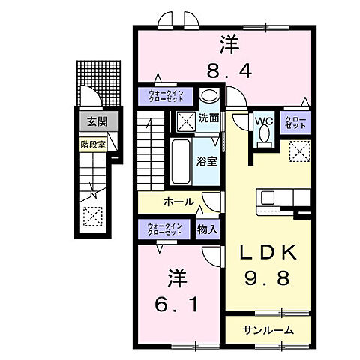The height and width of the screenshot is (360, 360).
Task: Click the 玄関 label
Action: [x=91, y=121]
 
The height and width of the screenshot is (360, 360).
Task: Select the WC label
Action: [x=262, y=120]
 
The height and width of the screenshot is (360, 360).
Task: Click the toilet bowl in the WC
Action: [x=262, y=134]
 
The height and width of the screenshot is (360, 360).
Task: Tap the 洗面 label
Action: [x=209, y=118]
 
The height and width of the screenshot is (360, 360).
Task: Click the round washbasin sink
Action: [x=209, y=96]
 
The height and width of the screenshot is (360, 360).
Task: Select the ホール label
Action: [x=179, y=202]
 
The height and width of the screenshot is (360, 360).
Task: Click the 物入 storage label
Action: [x=207, y=229]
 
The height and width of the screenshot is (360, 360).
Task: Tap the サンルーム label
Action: [x=268, y=329]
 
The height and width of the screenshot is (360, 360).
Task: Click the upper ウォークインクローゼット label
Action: [x=165, y=96]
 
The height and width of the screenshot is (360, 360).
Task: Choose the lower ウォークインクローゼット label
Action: [x=165, y=229]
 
